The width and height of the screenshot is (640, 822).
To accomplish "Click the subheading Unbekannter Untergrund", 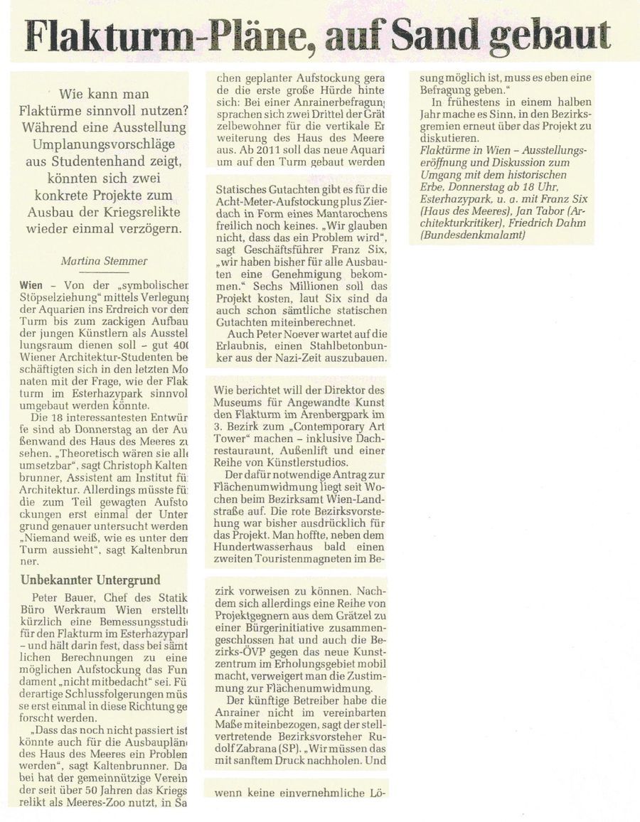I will (90, 580).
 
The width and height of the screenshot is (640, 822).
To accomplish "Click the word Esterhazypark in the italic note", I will (454, 201).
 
